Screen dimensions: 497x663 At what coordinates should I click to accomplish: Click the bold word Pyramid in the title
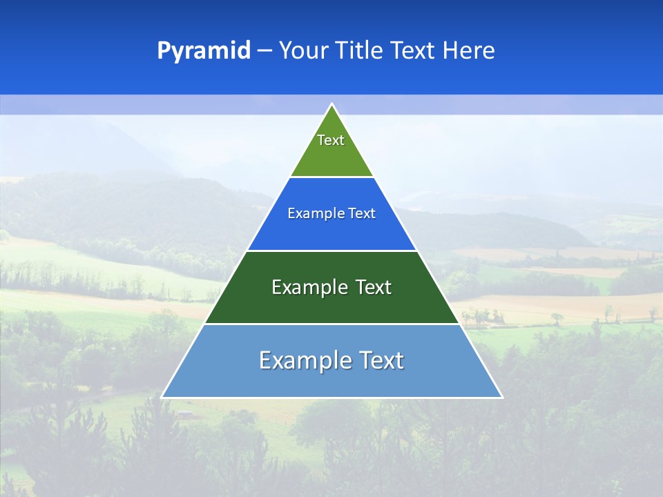pyautogui.click(x=204, y=51)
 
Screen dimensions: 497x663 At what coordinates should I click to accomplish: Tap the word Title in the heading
pyautogui.click(x=359, y=51)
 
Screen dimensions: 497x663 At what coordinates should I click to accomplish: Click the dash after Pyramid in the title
pyautogui.click(x=265, y=51)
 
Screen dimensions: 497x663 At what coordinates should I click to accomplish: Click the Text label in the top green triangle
pyautogui.click(x=331, y=140)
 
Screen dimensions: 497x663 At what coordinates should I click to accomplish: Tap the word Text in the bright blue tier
pyautogui.click(x=363, y=214)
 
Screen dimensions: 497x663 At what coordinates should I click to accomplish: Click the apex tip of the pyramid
pyautogui.click(x=331, y=105)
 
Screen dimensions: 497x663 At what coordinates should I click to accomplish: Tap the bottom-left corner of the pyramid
pyautogui.click(x=162, y=397)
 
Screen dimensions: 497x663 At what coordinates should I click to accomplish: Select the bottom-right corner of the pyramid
pyautogui.click(x=501, y=397)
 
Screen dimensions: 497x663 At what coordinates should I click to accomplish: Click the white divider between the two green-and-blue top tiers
pyautogui.click(x=331, y=177)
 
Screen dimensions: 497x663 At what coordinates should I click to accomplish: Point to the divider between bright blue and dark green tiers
pyautogui.click(x=331, y=251)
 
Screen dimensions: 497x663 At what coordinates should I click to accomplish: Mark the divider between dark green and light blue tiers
pyautogui.click(x=331, y=324)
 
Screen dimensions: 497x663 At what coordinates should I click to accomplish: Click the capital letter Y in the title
pyautogui.click(x=285, y=51)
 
